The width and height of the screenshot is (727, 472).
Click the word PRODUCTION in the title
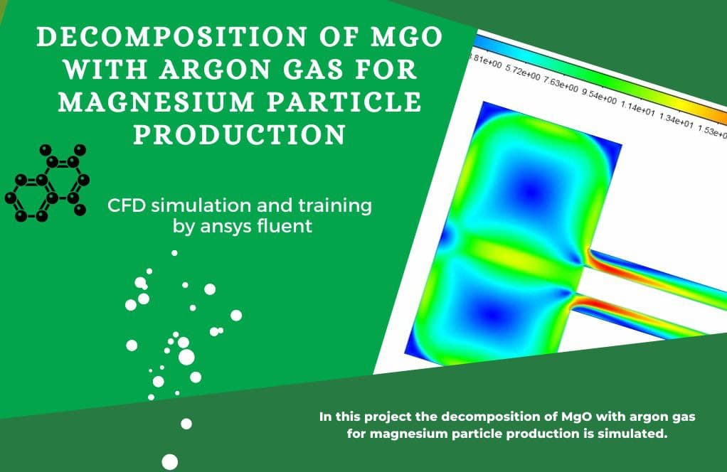[239, 135]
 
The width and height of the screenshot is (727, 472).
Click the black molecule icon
[47, 183]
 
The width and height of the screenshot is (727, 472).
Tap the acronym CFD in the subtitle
[126, 205]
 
